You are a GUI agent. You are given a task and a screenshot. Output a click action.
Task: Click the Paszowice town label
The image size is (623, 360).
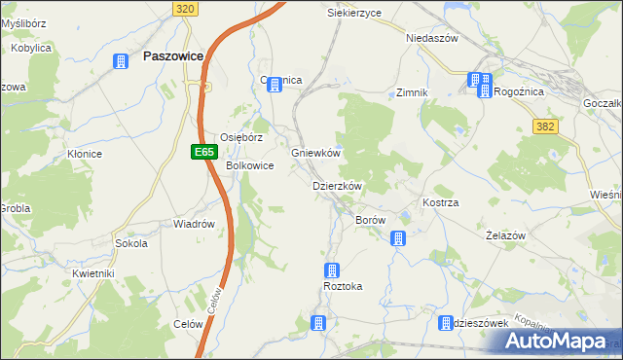coord(172,56)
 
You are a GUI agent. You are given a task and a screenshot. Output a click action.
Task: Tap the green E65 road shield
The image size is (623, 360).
coord(202,152)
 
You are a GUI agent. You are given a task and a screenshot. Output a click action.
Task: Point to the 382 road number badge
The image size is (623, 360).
coord(546,126)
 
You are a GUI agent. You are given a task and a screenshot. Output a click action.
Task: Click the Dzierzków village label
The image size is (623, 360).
coord(337,186)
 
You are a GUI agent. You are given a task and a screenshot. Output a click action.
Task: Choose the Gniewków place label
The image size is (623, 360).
coord(315,154)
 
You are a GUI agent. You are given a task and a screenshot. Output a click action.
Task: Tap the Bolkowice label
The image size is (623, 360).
coord(250,166)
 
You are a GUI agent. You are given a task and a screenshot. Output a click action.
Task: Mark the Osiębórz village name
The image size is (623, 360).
coord(241,137)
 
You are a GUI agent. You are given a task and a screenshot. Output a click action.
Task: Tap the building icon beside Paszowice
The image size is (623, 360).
coord(121,62)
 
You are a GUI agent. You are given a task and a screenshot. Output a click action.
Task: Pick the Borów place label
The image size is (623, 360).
coord(371,221)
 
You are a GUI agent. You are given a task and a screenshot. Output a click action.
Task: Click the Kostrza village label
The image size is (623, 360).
coord(440,202)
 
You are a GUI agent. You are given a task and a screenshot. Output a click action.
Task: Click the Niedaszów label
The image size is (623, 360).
coord(431,39)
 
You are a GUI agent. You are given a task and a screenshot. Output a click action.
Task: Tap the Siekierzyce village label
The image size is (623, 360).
coord(354,14)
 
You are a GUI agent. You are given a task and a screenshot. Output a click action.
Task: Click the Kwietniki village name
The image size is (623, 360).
coord(93,274)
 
